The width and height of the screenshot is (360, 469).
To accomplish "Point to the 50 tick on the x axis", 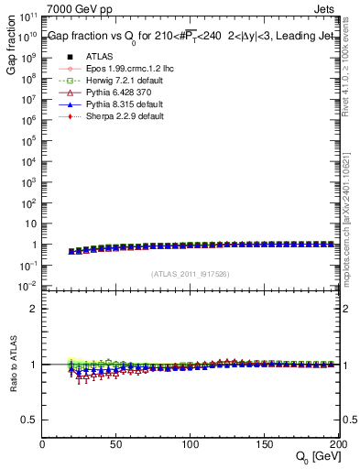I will point(116,444).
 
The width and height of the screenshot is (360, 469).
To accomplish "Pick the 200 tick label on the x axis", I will point(336,444).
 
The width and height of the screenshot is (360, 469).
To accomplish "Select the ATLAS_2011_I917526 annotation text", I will point(191,273).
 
